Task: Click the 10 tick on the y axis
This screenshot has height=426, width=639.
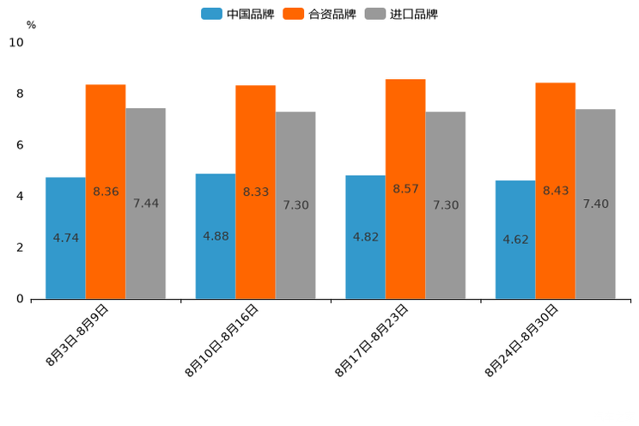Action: tap(16, 42)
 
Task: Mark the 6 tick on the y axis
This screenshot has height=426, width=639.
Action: tap(20, 145)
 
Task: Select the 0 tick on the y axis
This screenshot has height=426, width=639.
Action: tap(20, 299)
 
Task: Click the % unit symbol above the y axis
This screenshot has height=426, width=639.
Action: tap(31, 25)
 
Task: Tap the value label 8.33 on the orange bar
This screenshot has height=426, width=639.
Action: tap(256, 192)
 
